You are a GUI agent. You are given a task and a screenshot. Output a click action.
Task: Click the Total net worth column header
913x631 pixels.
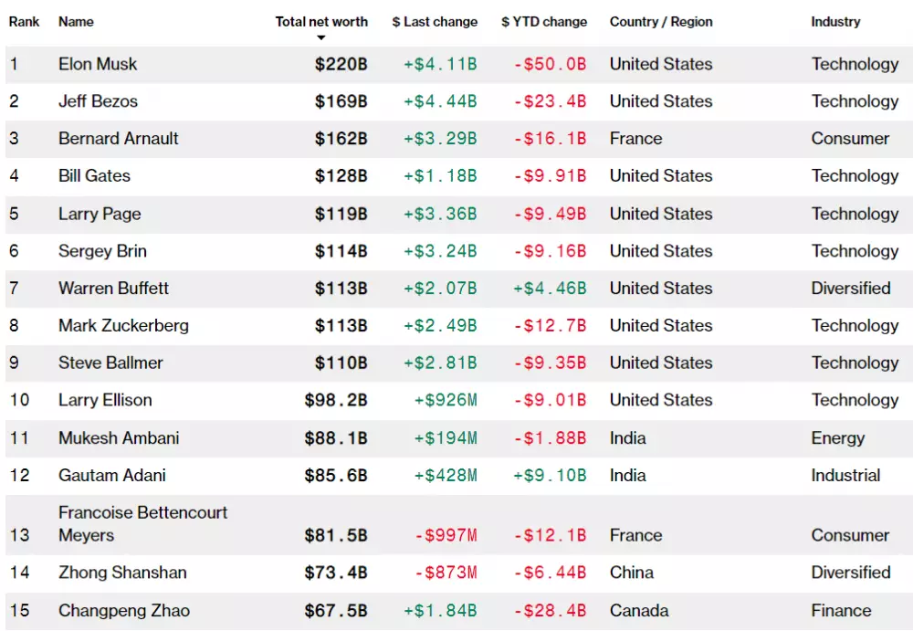click(x=321, y=22)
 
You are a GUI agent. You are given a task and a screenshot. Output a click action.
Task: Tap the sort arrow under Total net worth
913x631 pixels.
click(x=321, y=38)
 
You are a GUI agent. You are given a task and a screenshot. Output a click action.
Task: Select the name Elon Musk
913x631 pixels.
click(x=98, y=64)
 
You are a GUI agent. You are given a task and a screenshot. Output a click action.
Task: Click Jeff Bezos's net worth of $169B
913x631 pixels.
click(x=341, y=101)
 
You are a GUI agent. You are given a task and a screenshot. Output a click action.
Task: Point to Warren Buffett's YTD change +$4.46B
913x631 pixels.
click(x=549, y=289)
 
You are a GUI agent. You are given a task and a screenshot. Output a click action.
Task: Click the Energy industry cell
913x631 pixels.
click(x=837, y=438)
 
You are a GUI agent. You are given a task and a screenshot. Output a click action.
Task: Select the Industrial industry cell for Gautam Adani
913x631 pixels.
click(x=845, y=476)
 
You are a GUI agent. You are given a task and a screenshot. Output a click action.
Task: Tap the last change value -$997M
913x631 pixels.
click(x=445, y=535)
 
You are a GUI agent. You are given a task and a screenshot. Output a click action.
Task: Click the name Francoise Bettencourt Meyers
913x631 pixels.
click(x=142, y=523)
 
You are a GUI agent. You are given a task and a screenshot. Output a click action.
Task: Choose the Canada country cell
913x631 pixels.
click(x=639, y=610)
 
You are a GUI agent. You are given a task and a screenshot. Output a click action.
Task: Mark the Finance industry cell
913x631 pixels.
click(x=841, y=610)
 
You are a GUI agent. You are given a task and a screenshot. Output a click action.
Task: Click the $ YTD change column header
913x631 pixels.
click(x=544, y=22)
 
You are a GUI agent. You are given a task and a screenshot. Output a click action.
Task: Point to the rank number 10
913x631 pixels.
click(x=19, y=401)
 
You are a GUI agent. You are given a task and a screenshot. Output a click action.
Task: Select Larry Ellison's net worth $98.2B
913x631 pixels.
click(x=335, y=401)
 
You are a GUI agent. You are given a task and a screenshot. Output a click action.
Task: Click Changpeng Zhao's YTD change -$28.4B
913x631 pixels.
click(x=549, y=610)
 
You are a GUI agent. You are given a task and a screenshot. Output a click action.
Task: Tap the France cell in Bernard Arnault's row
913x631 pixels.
click(x=635, y=139)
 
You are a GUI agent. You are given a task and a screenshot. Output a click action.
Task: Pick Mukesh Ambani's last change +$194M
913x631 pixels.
click(x=445, y=438)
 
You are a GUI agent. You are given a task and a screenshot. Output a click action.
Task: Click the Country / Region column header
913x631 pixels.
click(x=661, y=22)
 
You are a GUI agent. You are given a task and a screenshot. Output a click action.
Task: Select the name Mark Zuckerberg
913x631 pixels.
click(x=123, y=326)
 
